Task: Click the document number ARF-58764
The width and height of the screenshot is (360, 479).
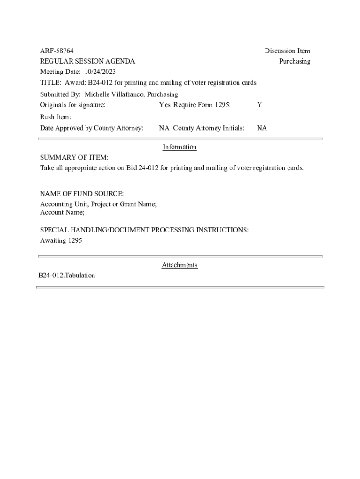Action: [x=57, y=51]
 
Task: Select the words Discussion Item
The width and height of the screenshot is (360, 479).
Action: [x=287, y=51]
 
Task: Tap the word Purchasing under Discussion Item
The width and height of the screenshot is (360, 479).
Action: [x=295, y=61]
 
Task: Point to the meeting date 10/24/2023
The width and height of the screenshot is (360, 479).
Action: [x=100, y=72]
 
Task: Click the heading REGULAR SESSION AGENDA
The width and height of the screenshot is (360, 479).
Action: [x=87, y=61]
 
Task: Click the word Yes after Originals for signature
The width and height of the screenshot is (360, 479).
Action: [x=165, y=105]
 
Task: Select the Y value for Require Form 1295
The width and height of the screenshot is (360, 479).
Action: [x=259, y=105]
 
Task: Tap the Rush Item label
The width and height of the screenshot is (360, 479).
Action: [x=55, y=117]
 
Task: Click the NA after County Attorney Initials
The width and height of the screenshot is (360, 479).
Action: [x=262, y=128]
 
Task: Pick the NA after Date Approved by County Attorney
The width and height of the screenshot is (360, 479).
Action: [x=164, y=128]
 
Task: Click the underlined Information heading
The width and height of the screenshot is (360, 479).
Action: [x=180, y=147]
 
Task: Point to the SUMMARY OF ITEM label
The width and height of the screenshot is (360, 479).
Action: [x=74, y=158]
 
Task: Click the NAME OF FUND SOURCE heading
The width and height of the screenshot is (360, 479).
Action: [x=82, y=194]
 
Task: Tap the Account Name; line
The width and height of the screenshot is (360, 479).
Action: [x=62, y=212]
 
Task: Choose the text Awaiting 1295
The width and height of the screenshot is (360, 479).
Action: [x=61, y=240]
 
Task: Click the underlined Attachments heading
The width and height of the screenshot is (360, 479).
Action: [x=180, y=265]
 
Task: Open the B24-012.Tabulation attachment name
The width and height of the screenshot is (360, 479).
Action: [x=67, y=276]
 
